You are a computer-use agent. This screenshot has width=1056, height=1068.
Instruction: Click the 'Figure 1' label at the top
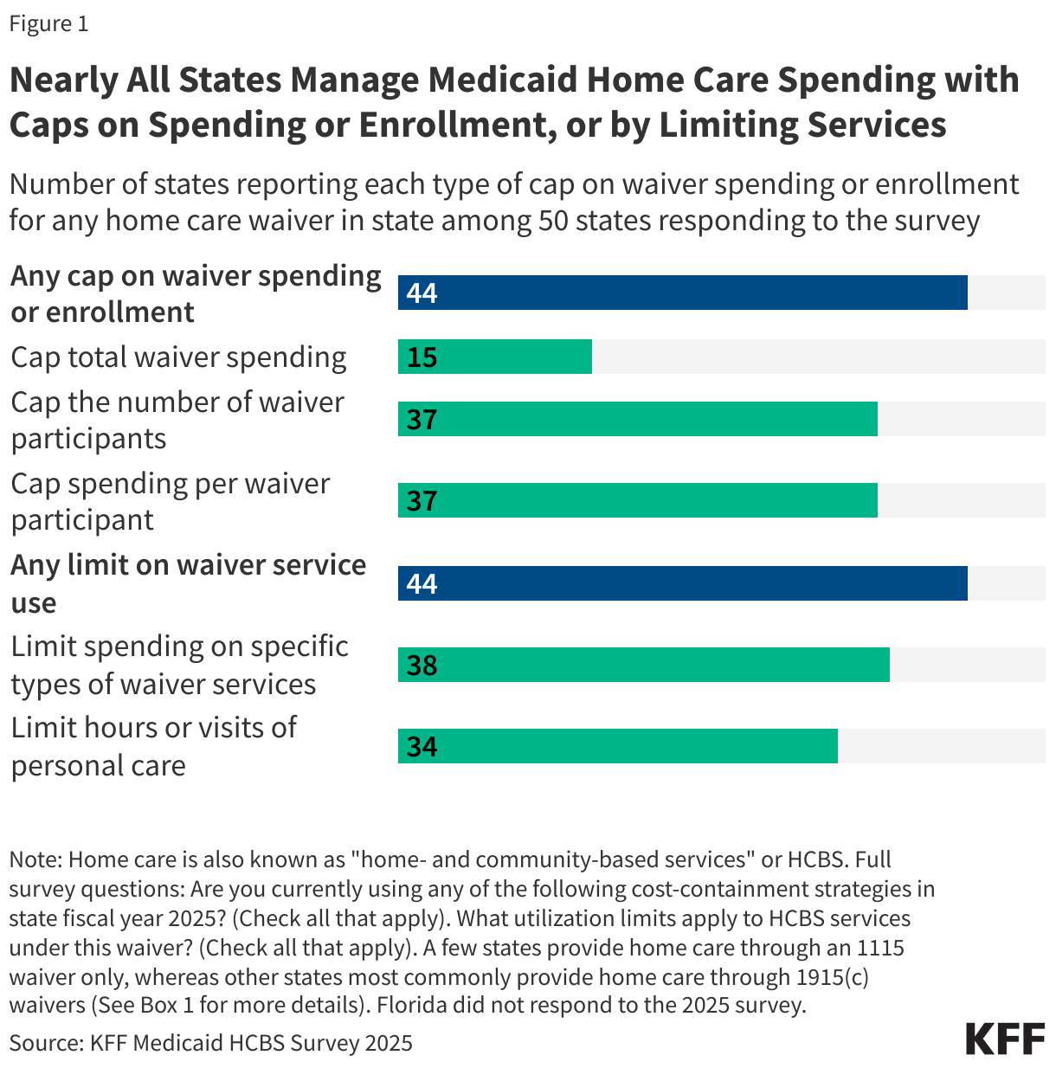point(48,23)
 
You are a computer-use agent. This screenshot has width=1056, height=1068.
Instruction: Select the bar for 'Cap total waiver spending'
point(494,357)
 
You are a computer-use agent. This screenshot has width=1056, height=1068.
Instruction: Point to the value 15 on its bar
point(422,357)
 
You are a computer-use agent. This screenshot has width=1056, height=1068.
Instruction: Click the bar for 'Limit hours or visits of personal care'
point(617,746)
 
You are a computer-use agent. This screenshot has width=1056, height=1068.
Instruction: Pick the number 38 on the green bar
point(422,666)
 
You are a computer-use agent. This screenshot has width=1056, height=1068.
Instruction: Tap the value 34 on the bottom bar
point(422,747)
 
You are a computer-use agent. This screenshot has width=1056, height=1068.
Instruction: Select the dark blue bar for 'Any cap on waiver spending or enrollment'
point(682,293)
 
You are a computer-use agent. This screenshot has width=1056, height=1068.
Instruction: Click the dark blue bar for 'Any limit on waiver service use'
point(682,583)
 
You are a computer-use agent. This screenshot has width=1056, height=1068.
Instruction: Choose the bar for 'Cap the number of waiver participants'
point(637,419)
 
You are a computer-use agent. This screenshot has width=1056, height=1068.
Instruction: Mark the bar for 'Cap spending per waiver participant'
point(637,500)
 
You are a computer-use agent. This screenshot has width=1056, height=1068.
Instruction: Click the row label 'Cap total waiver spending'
point(178,357)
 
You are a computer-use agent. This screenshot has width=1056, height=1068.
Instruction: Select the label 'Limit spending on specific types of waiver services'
point(179,665)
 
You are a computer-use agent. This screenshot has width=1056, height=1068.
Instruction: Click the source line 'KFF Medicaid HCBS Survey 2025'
point(251,1043)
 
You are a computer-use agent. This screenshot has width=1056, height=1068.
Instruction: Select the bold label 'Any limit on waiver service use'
point(188,583)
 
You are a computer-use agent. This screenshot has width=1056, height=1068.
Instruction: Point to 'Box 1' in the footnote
point(166,1006)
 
